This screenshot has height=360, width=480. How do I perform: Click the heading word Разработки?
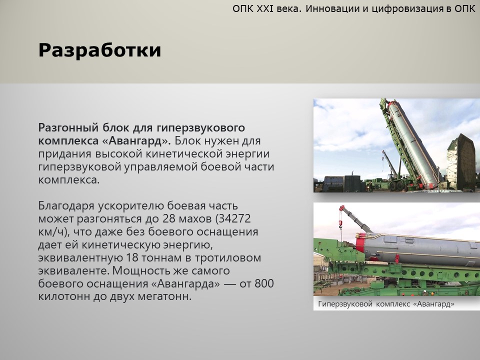pos(99,50)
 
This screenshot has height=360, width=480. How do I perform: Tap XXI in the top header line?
pos(265,9)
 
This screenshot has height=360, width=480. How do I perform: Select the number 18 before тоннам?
pos(132,258)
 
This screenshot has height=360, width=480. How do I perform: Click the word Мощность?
pos(141,271)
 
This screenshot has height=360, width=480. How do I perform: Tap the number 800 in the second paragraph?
pos(264,284)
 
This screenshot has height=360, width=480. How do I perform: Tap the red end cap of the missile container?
pos(360,243)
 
